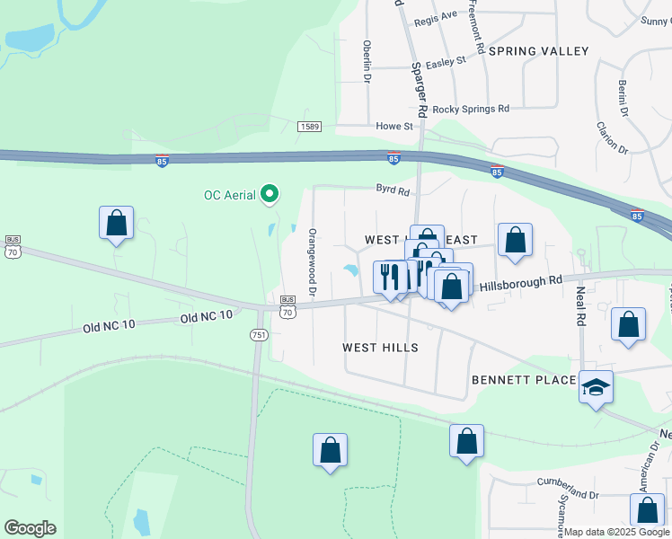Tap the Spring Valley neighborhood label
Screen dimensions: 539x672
click(538, 51)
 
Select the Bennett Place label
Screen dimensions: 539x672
click(523, 380)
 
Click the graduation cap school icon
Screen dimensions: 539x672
click(596, 387)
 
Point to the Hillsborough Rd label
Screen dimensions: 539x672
click(520, 281)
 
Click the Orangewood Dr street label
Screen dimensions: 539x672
click(313, 262)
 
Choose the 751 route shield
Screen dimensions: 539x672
click(259, 334)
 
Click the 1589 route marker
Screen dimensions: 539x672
click(310, 127)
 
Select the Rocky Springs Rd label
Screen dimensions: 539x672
click(471, 109)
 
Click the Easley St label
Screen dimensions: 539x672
click(447, 61)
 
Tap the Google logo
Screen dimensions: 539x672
click(30, 527)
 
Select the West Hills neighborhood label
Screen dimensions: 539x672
click(381, 348)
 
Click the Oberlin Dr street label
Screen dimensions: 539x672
click(367, 61)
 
